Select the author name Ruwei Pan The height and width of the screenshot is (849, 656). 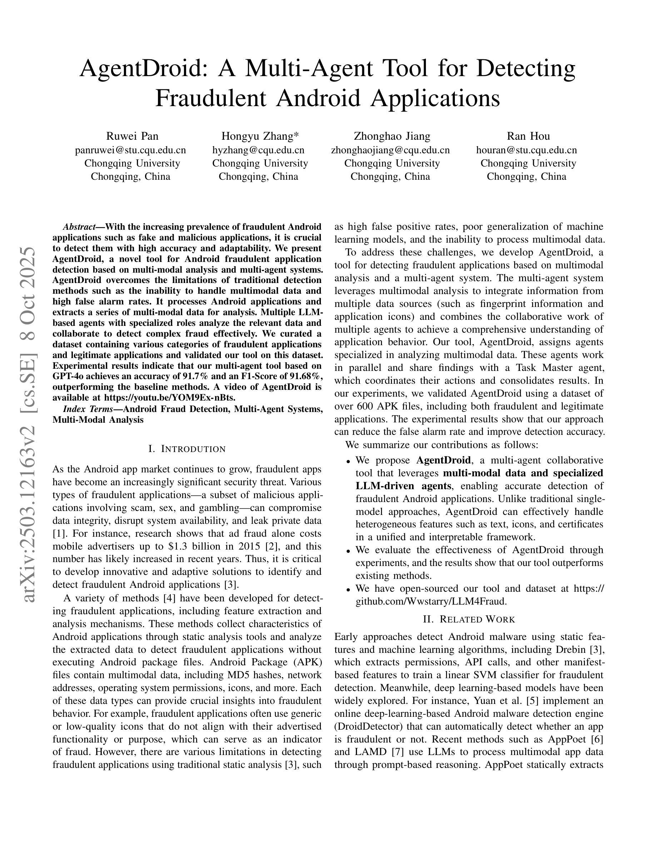(132, 136)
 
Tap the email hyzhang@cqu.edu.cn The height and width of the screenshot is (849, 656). (258, 150)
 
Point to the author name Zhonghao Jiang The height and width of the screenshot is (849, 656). (392, 136)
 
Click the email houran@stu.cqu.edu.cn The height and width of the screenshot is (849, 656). (527, 150)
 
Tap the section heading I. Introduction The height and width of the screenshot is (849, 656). (187, 449)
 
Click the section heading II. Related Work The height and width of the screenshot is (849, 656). (469, 619)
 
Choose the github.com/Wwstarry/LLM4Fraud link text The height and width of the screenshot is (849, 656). (431, 601)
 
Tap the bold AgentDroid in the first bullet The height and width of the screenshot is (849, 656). (443, 460)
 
